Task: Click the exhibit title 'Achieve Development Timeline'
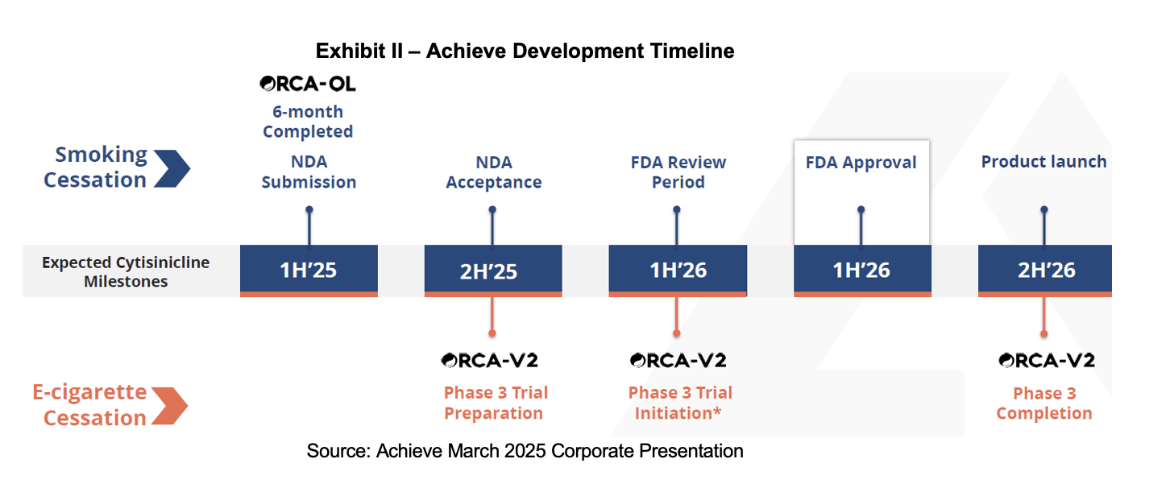(x=580, y=52)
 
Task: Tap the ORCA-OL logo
(x=308, y=84)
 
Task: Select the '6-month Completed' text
(x=308, y=121)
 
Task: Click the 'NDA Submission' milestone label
(x=309, y=172)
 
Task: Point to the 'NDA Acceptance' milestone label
(x=494, y=172)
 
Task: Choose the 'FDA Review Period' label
(x=678, y=172)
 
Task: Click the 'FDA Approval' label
(x=861, y=163)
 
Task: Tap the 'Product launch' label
(x=1043, y=161)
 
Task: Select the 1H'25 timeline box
(x=309, y=271)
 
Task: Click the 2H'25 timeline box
(x=493, y=271)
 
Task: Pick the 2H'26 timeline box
(x=1044, y=271)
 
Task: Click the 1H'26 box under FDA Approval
(x=862, y=271)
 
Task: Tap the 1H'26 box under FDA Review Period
(x=678, y=271)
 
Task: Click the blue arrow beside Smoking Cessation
(x=172, y=168)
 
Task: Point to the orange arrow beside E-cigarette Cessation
(x=170, y=406)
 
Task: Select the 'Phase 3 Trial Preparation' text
(x=496, y=403)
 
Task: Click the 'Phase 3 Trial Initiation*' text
(x=680, y=403)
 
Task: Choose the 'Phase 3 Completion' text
(x=1044, y=403)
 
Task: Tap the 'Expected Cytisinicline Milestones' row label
(x=126, y=271)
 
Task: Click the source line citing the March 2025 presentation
(x=525, y=451)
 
